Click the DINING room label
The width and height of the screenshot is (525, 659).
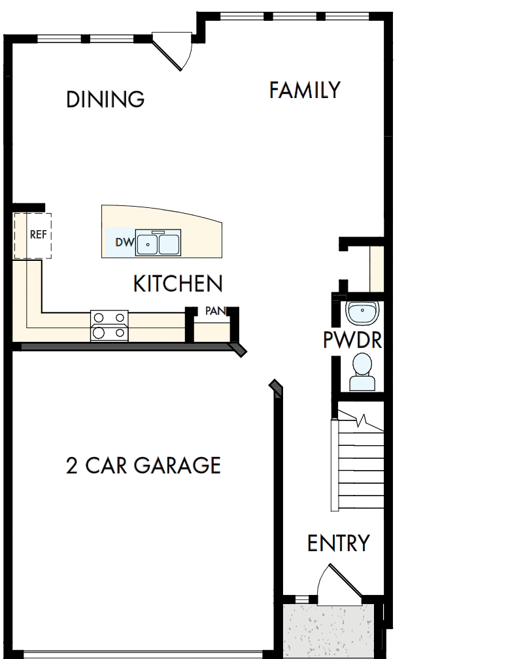click(105, 99)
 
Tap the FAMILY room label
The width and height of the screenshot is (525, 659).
click(305, 90)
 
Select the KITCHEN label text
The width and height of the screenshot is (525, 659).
click(178, 284)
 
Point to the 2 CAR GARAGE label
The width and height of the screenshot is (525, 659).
click(143, 465)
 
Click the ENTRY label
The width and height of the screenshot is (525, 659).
click(338, 543)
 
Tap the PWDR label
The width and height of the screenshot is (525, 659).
click(352, 341)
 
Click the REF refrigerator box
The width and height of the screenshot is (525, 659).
click(33, 235)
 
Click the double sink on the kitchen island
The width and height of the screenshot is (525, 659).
click(158, 244)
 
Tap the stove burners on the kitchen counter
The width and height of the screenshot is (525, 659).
click(109, 325)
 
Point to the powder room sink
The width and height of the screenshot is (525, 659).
click(361, 313)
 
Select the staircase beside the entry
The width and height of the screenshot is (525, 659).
click(358, 464)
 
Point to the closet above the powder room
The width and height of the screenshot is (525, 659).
click(376, 268)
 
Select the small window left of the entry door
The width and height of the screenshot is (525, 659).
click(301, 599)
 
